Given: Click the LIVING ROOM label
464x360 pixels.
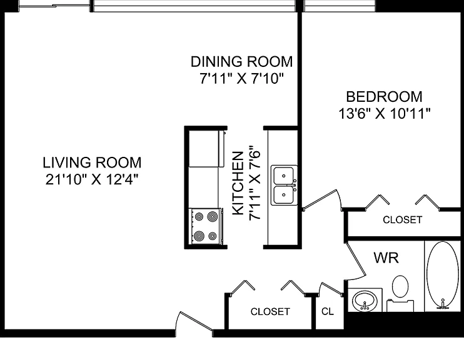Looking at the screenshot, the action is coord(92,162).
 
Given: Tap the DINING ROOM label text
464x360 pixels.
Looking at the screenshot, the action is coord(241,62).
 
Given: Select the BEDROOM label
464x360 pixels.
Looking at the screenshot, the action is coord(384,97).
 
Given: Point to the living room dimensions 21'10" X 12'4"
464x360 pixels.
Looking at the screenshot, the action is coord(92,179).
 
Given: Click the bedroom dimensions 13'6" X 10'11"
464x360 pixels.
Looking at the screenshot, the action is coord(384,114).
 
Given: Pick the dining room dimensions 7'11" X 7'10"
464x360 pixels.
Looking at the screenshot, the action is coord(241,79).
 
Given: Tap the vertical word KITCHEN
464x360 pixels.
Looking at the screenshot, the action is coord(238,183).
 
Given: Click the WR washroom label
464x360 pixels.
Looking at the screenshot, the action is coord(386,257).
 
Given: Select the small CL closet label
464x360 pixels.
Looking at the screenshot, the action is coord(328,311).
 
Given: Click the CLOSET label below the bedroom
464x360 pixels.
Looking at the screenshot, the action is coord(403,220).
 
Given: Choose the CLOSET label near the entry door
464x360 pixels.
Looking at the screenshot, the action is coord(270,311).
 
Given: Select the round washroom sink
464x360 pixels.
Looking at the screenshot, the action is coord(365,301).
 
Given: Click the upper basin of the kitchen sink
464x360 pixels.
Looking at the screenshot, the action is coord(284,176).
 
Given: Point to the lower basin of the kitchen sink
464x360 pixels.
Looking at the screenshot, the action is coord(284,194).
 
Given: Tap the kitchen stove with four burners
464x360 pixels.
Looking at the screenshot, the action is coord(205,226).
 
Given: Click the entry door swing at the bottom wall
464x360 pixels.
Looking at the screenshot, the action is coord(194,322).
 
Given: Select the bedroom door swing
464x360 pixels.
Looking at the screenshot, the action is coord(322,199).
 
